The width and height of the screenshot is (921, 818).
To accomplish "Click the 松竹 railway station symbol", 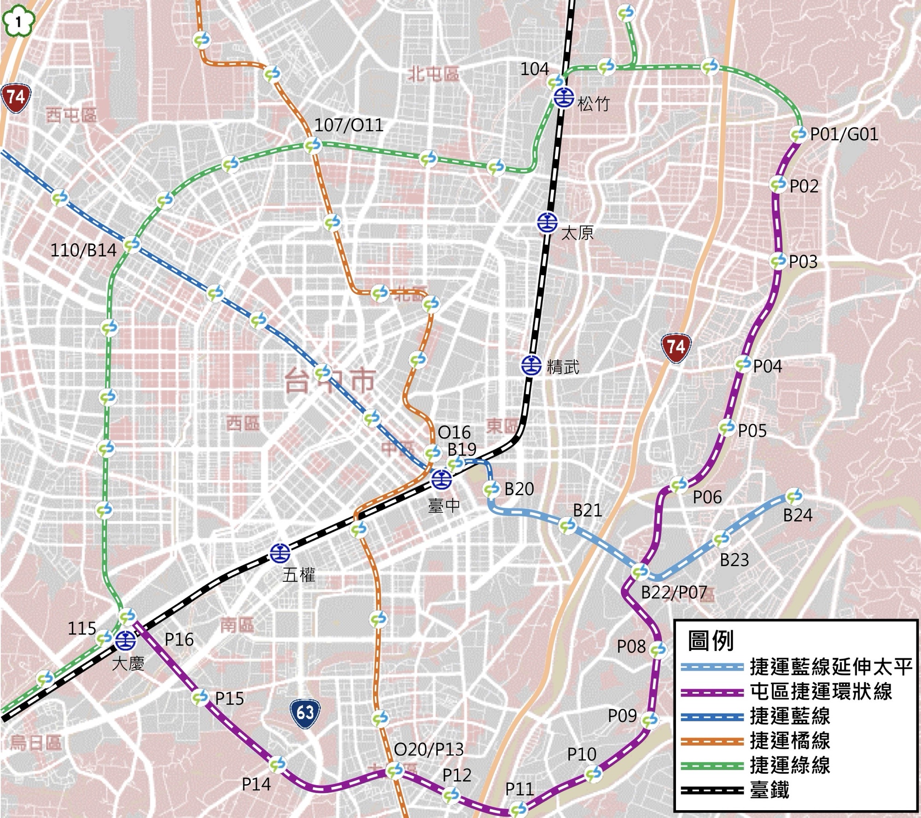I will coord(563,97).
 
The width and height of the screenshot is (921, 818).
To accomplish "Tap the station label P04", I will coord(767,366).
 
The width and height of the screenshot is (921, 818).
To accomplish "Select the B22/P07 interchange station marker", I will coord(640,572).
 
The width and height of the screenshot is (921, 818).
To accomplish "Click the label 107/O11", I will coord(349,125).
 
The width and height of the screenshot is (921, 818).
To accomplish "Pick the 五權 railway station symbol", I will coord(280,553).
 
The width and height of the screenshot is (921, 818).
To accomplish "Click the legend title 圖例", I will coord(710,641).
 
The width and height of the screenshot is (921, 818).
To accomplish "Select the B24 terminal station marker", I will coord(794,496).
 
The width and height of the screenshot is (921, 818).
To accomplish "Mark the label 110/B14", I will coord(83,250).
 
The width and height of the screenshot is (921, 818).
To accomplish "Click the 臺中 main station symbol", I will coord(441,480).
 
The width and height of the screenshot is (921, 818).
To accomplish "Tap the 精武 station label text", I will coord(563,367).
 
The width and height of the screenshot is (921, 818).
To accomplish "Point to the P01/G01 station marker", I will coord(798,134).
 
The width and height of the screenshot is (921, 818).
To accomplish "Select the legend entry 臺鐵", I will coord(769,790).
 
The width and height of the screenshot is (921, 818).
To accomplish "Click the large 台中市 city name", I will coord(330,381).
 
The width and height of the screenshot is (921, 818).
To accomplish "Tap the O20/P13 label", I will coord(428,749).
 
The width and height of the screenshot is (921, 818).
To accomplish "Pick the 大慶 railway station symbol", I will coord(125,640).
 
